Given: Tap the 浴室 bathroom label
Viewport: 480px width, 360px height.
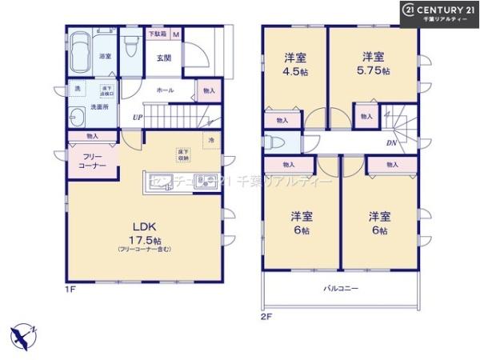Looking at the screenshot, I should [104, 57].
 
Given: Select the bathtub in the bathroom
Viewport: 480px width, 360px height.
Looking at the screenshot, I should [80, 54].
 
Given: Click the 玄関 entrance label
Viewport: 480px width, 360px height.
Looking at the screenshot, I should [163, 58].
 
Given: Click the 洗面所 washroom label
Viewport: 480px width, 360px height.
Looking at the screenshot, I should [98, 106].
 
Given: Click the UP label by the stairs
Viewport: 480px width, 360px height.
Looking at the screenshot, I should [138, 118].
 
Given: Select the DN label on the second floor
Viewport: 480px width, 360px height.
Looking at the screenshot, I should [391, 143].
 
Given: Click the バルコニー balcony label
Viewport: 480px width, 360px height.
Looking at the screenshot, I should [340, 288].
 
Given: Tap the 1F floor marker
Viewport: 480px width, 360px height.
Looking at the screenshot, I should [71, 289].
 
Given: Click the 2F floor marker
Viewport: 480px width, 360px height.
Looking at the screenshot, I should [266, 316].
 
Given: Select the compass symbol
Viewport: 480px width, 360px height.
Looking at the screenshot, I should [24, 335].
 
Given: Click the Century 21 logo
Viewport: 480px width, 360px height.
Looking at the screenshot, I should [438, 12].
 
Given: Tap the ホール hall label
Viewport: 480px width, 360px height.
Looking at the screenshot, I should [165, 90].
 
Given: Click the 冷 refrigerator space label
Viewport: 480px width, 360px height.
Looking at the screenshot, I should [211, 141].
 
